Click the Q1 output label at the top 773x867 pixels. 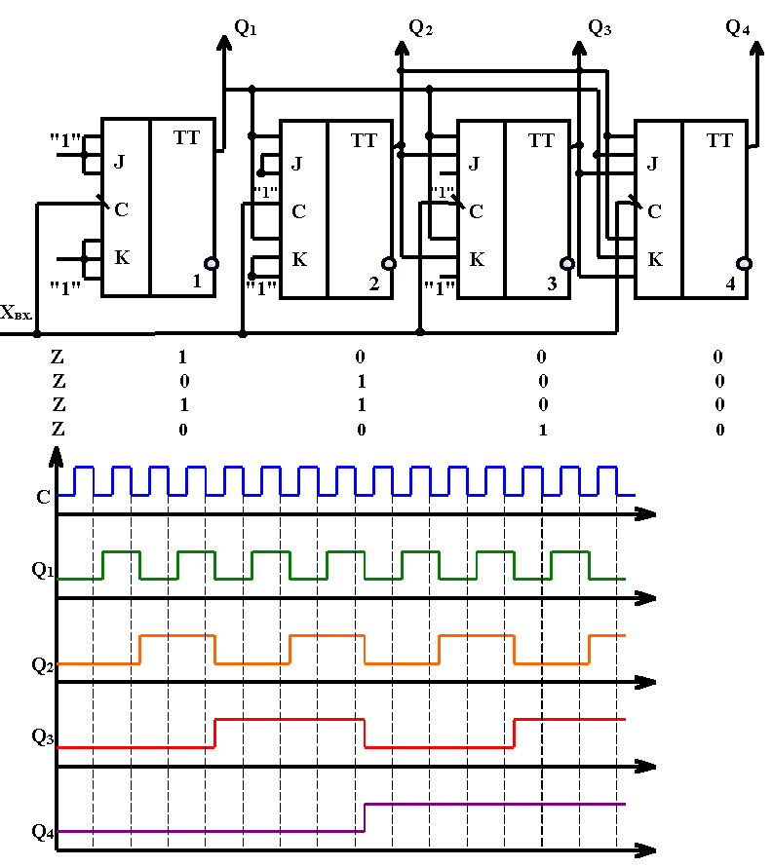(246, 27)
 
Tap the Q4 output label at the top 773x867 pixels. (738, 27)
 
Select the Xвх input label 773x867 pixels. (16, 313)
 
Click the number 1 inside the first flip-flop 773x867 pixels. (197, 281)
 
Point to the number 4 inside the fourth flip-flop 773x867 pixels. (730, 283)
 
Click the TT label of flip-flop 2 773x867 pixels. (364, 140)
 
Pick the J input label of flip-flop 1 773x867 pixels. (119, 162)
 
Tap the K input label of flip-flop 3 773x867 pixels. (477, 259)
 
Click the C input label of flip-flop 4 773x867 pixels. (655, 211)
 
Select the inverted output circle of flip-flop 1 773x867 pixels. (212, 264)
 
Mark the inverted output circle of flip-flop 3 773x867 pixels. (567, 264)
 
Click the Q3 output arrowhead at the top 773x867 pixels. (579, 48)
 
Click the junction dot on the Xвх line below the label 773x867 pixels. (37, 334)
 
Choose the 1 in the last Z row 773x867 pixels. (543, 430)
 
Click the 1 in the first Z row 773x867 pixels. (182, 358)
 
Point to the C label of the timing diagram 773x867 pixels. (43, 497)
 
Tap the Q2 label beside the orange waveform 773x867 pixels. (42, 664)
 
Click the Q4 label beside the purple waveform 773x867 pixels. (43, 832)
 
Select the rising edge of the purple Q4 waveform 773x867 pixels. (365, 817)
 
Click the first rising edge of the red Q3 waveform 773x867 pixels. (214, 734)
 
